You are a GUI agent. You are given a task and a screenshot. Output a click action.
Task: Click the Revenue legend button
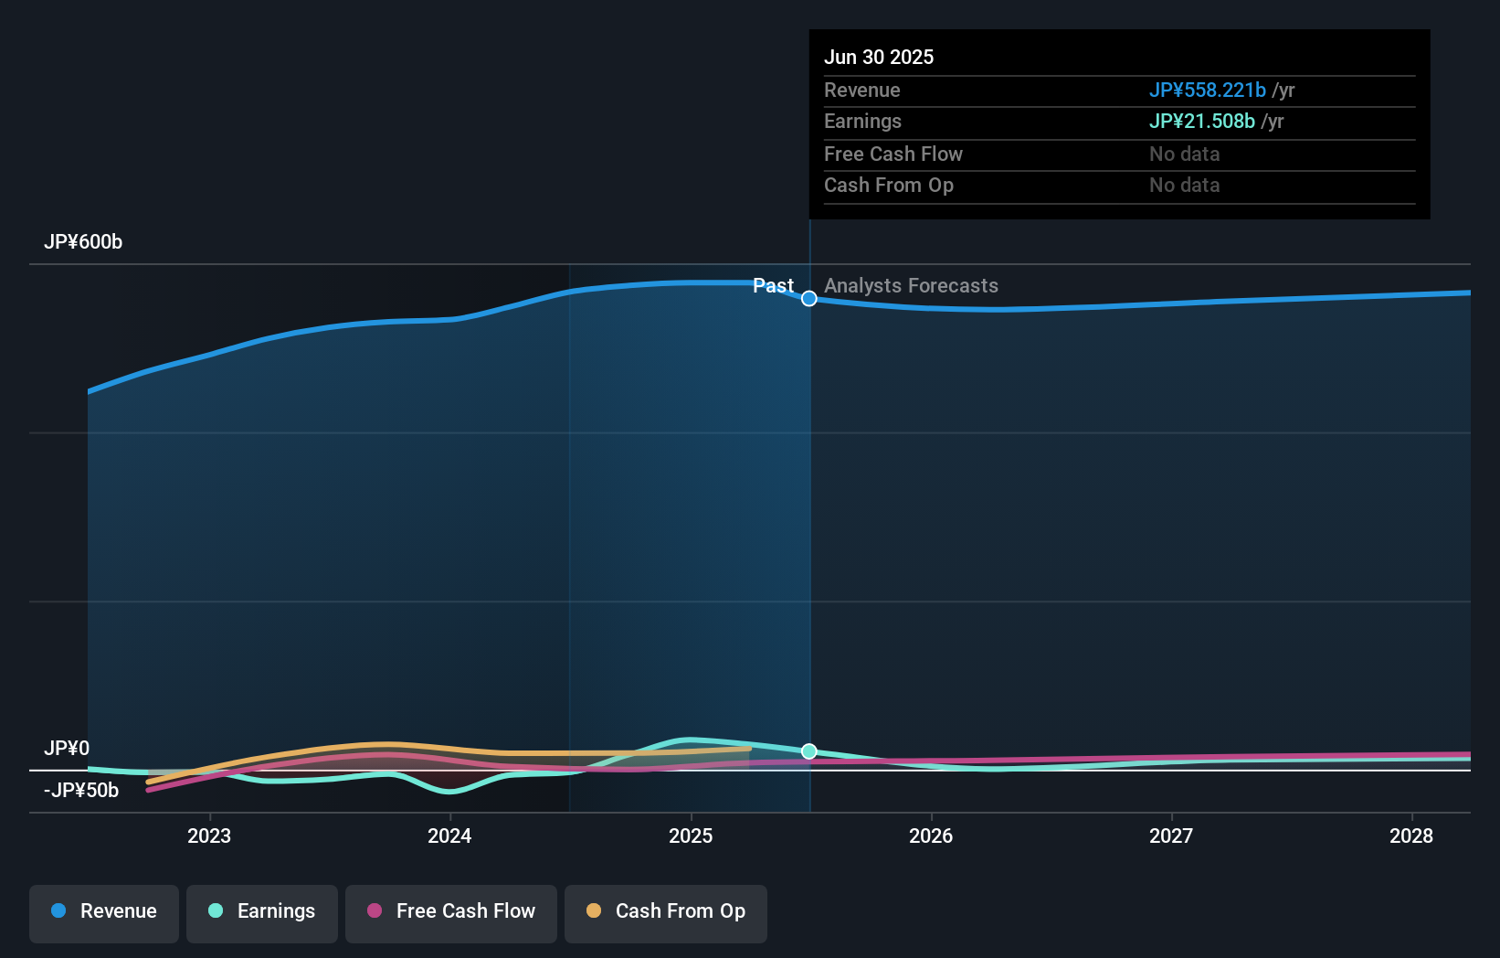104,911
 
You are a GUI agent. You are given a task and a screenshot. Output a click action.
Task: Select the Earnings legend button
262,911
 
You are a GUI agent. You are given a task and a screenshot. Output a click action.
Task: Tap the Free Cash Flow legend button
451,911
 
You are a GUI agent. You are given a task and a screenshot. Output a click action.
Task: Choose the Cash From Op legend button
666,911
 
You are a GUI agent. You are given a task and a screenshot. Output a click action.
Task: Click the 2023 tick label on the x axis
209,836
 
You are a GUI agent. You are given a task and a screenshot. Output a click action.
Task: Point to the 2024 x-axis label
449,836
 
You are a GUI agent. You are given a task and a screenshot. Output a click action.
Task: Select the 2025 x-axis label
691,836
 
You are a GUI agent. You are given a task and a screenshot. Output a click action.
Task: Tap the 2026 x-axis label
931,836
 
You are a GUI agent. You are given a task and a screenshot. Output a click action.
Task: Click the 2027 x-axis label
1171,836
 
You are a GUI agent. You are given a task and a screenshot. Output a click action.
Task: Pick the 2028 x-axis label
1411,836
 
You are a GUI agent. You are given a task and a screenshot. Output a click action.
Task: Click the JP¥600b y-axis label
83,242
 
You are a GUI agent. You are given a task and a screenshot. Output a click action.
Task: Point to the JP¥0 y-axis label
67,749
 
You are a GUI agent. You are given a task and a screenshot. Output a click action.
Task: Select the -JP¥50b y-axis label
81,791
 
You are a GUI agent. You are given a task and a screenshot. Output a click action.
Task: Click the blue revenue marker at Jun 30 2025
809,299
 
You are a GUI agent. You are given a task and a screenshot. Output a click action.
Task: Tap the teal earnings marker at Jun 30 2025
809,751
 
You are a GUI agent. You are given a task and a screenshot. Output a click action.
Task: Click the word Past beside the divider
773,286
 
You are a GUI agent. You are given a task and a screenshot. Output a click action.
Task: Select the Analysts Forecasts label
911,286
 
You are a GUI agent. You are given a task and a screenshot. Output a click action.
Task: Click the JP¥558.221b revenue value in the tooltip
1207,90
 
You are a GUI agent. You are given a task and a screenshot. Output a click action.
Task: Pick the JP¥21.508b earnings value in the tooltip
1201,122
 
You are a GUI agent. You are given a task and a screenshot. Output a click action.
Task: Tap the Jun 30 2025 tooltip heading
879,58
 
